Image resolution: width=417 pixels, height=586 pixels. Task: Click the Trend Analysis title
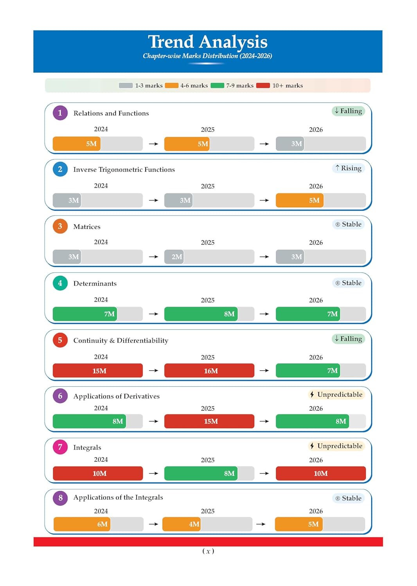208,42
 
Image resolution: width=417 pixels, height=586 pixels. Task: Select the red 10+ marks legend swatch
263,86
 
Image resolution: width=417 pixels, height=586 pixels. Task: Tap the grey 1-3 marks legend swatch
126,86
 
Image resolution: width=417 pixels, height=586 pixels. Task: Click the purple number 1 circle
60,113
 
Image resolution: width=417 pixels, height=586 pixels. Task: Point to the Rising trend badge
349,168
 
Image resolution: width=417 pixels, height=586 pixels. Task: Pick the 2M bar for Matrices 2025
174,257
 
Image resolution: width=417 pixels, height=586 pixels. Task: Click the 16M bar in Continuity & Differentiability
209,370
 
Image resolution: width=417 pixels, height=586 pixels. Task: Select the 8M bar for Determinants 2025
201,314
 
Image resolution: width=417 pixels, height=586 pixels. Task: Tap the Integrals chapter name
87,448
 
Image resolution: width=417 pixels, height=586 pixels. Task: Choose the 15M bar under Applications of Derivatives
209,421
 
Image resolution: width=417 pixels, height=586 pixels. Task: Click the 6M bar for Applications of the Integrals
82,524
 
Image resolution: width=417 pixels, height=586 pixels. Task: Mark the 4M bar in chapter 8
182,524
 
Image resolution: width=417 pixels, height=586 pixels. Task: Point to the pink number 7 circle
60,447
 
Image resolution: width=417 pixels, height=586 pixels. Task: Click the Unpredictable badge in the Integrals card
336,446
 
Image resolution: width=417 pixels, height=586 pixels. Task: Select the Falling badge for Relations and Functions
349,111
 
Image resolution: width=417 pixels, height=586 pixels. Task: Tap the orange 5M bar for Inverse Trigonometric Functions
300,200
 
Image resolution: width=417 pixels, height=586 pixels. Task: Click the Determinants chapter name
95,284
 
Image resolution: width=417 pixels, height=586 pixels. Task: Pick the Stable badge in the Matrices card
349,225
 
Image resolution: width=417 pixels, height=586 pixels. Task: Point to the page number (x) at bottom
208,551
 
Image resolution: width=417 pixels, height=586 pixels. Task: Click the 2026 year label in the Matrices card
316,243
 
